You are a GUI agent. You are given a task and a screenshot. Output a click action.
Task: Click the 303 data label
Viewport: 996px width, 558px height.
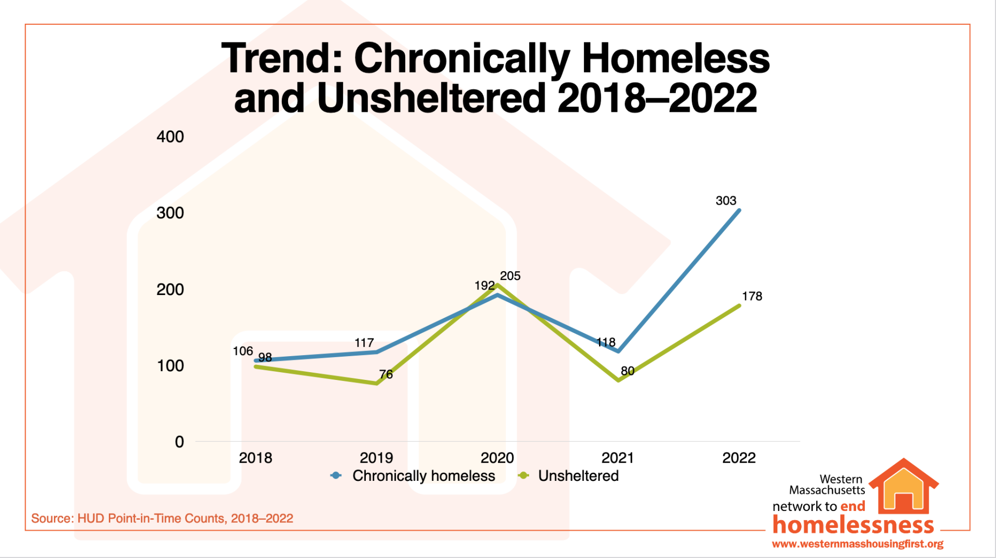pos(725,201)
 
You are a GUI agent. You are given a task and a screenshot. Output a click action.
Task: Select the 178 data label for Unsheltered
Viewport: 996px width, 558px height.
pos(752,297)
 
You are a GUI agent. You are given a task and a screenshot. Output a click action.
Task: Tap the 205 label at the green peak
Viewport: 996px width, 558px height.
pos(510,276)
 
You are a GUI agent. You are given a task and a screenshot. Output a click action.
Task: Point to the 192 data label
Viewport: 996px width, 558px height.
pos(485,286)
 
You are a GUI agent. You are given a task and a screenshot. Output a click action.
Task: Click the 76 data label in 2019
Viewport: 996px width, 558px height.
pos(386,374)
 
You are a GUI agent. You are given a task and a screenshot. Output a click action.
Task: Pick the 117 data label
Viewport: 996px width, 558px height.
pos(364,343)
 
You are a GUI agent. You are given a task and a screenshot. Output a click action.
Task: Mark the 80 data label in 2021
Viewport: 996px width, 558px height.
pos(628,371)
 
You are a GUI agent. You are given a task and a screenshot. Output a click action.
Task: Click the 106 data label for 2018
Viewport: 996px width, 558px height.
pos(243,351)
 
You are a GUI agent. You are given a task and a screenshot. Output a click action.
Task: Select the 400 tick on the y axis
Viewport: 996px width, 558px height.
pos(170,137)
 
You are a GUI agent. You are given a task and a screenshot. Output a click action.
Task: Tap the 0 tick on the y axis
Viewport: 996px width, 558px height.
pos(179,442)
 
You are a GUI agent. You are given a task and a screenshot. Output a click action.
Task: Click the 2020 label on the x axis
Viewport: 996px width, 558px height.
pos(497,458)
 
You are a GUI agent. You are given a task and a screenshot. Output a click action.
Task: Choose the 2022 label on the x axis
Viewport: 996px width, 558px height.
pos(738,458)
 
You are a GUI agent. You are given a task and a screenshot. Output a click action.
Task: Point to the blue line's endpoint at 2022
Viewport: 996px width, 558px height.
pos(739,211)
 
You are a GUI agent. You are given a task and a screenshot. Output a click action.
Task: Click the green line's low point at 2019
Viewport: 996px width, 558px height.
pos(376,383)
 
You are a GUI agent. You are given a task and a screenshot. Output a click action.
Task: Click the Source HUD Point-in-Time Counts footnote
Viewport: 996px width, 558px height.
pos(162,518)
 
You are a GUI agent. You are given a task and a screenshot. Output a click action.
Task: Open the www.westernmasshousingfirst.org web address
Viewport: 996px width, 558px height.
pos(857,544)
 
